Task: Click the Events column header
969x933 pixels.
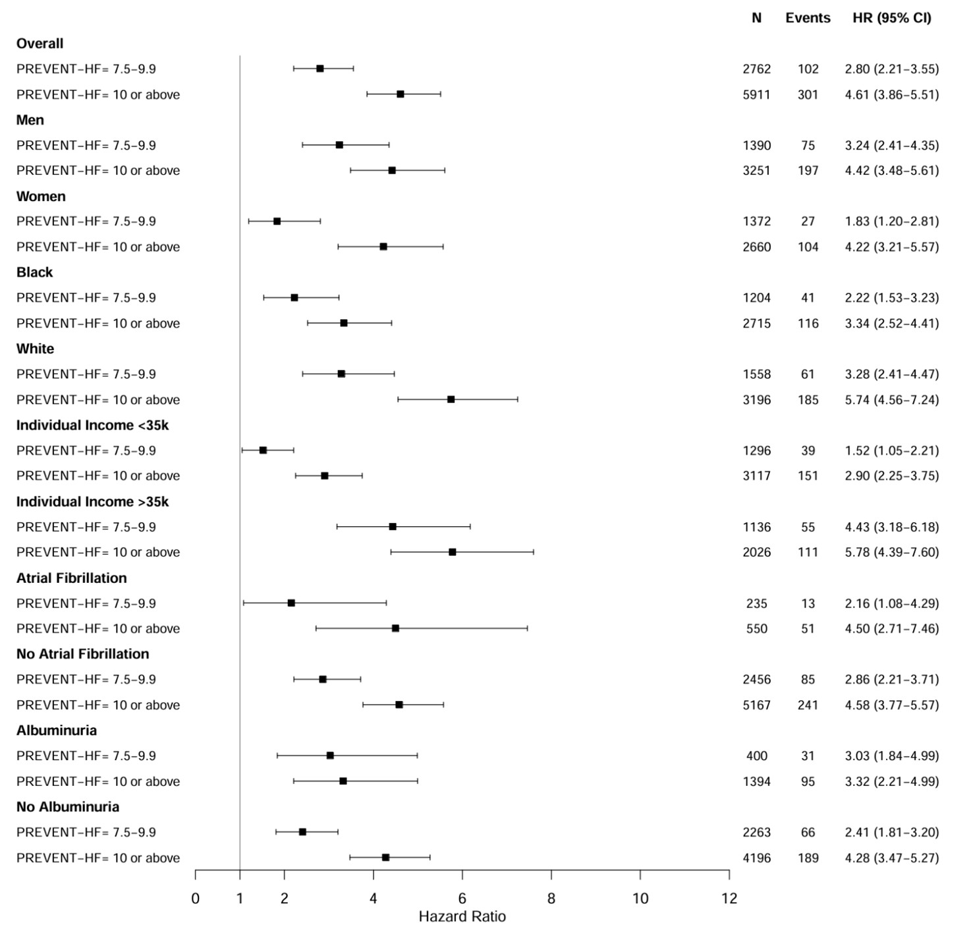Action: [x=808, y=18]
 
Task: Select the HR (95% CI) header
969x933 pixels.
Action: [x=892, y=18]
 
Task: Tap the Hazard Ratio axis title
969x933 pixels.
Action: [x=462, y=917]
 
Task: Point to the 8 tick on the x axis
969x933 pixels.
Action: [x=551, y=898]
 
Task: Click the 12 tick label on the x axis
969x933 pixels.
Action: [x=729, y=898]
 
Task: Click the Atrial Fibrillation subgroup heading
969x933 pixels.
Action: [x=71, y=578]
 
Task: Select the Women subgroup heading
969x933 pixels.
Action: [x=41, y=196]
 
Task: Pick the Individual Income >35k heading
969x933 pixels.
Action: [x=92, y=502]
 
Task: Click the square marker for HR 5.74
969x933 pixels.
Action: [x=451, y=400]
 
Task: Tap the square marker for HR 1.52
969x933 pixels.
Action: [x=263, y=450]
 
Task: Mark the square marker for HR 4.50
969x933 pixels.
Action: [x=395, y=628]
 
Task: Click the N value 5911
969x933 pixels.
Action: [x=756, y=95]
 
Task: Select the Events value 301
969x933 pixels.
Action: [x=808, y=95]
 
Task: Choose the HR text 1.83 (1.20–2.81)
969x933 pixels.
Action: [x=892, y=222]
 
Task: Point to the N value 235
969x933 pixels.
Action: [x=756, y=603]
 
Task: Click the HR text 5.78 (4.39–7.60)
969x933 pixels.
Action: [x=892, y=553]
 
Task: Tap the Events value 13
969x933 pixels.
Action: [x=808, y=603]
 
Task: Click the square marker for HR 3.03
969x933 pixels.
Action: [x=330, y=756]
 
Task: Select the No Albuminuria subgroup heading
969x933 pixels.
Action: [x=68, y=807]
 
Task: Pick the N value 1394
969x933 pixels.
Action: [x=756, y=781]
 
